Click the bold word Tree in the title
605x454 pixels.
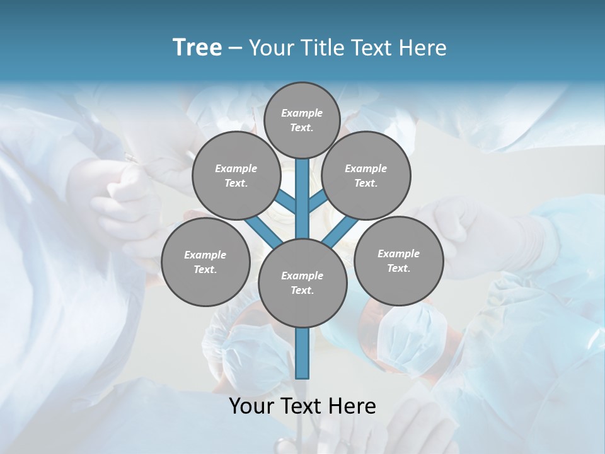coord(197,47)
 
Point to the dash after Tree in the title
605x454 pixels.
coord(235,49)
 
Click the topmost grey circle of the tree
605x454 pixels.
coord(302,120)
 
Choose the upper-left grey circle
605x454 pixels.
coord(236,175)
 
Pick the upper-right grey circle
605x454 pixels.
coord(366,175)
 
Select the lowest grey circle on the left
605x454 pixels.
coord(205,262)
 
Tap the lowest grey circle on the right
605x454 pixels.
coord(398,260)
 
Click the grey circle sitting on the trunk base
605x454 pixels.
coord(302,282)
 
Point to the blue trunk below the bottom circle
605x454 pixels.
coord(302,353)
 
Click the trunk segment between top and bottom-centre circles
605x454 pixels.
coord(302,199)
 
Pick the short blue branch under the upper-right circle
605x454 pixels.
coord(318,202)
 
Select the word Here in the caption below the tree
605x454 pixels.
coord(352,406)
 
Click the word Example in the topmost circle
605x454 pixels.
coord(302,113)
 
